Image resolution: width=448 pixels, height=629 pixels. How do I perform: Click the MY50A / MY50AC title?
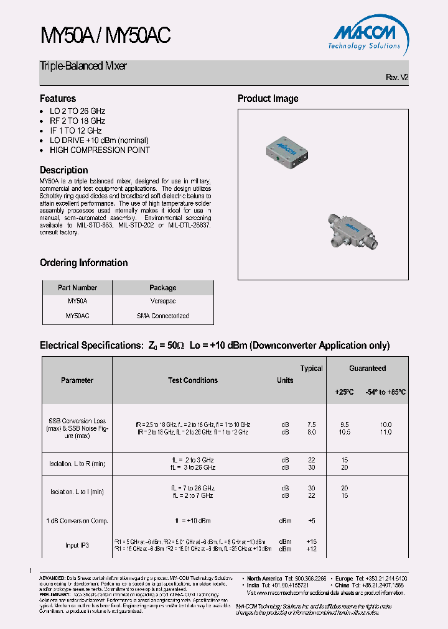105,36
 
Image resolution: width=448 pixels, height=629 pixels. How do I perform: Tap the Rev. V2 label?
397,78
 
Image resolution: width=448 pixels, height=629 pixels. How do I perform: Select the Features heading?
58,98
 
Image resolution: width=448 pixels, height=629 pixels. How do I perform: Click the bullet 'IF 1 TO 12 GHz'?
75,131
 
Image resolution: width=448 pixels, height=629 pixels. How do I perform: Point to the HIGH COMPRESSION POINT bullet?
100,150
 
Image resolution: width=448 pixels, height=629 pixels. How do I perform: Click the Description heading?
64,170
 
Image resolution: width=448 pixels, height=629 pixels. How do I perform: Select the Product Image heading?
268,98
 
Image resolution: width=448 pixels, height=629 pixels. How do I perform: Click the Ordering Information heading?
84,262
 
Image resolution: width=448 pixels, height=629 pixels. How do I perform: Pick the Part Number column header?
77,288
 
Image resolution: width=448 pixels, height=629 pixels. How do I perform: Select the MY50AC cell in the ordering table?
77,316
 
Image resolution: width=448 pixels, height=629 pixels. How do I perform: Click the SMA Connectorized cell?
163,316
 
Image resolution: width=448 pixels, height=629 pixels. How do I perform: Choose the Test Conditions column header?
193,380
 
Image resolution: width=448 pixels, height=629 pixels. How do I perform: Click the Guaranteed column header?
367,369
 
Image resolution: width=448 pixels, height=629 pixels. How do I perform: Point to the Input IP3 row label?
77,545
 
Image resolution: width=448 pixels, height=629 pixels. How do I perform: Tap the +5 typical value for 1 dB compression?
312,520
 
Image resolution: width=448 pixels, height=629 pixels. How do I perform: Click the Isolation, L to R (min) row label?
77,464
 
